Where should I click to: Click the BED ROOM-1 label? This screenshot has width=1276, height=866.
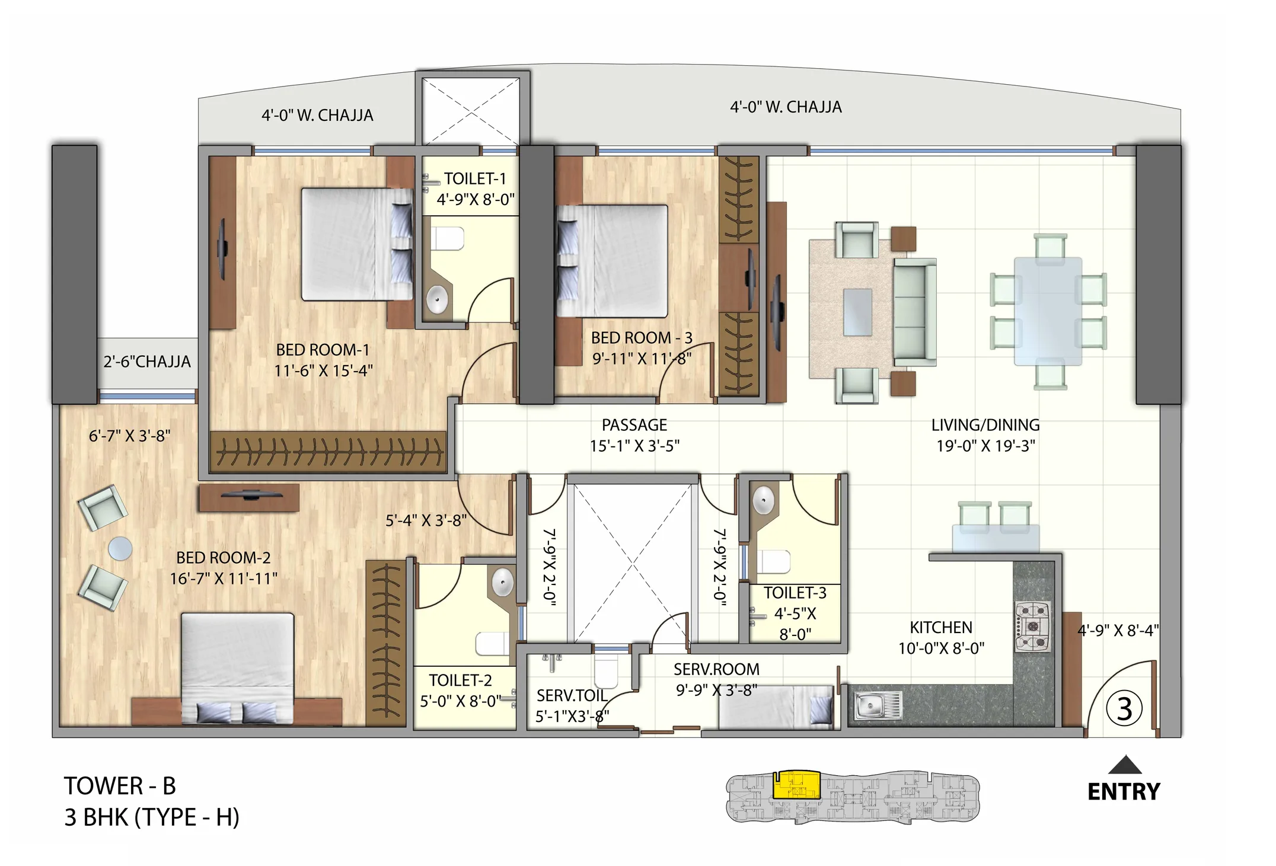click(323, 350)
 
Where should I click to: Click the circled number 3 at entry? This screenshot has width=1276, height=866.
click(1124, 710)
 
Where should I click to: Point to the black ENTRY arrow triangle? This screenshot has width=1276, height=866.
click(1124, 765)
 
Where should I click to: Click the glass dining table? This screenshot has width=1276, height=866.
click(1048, 311)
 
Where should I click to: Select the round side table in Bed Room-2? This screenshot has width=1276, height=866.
click(120, 548)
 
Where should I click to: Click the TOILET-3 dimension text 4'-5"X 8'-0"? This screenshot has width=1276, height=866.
click(795, 624)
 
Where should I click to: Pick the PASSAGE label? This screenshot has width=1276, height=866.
click(634, 425)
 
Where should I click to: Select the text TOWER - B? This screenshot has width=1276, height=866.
click(120, 786)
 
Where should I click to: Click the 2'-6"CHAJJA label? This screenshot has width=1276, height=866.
click(147, 362)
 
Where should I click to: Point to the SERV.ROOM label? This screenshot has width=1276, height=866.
click(716, 669)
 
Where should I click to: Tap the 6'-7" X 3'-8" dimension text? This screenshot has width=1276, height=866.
click(129, 436)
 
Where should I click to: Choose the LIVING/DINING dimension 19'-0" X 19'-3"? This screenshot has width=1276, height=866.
click(985, 446)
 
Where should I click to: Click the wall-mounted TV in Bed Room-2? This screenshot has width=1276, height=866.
click(250, 495)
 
